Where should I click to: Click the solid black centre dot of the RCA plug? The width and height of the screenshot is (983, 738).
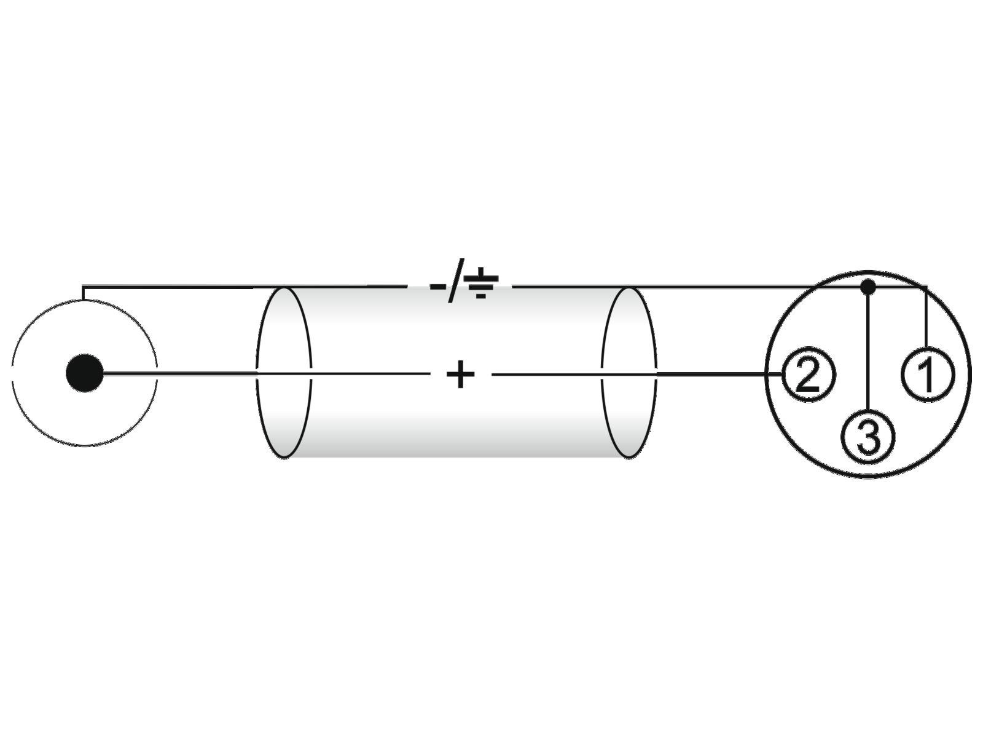(85, 373)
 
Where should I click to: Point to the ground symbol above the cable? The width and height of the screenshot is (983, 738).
(481, 284)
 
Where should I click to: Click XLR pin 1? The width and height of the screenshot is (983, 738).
(928, 374)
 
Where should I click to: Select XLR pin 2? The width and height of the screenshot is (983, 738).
(808, 374)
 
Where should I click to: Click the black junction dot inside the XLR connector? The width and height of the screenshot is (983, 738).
(867, 287)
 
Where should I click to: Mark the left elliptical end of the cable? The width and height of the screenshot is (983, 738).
(284, 373)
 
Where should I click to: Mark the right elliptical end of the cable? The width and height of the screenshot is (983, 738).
(628, 373)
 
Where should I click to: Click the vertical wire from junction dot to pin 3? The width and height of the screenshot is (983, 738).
(867, 351)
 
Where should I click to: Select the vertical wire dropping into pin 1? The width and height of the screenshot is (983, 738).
(926, 320)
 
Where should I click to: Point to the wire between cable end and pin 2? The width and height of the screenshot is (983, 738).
(713, 373)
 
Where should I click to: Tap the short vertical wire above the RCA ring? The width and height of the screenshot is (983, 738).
(83, 293)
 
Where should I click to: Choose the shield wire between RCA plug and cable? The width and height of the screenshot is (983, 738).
(184, 286)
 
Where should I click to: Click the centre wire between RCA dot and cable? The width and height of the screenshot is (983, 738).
(184, 373)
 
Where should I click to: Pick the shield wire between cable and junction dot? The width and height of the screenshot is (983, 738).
(737, 287)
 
